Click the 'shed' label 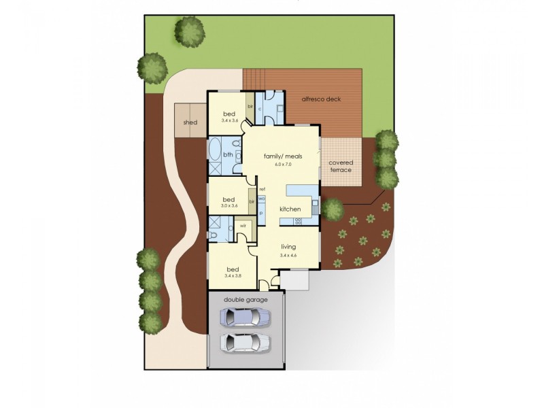click(190, 122)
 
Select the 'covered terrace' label click(340, 166)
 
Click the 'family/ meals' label click(283, 156)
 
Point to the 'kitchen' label click(290, 209)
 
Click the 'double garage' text click(246, 299)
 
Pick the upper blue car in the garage click(245, 316)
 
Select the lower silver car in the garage click(245, 341)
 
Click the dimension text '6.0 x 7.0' click(283, 164)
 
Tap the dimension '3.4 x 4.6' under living click(289, 255)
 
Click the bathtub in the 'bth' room click(216, 148)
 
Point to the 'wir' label click(243, 226)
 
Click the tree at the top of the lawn click(190, 31)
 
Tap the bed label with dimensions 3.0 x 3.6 click(229, 199)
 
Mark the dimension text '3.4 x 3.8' click(233, 275)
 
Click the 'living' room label click(289, 248)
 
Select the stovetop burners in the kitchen click(299, 220)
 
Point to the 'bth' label click(228, 155)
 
